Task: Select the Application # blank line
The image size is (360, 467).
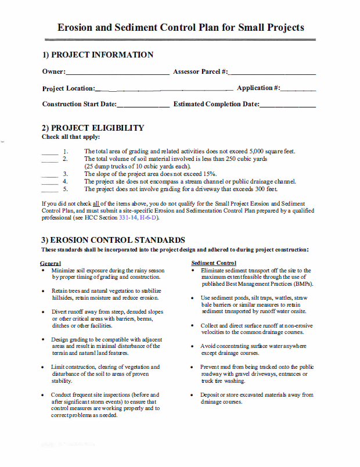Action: (x=298, y=90)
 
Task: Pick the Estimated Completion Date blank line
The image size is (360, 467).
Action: (x=287, y=106)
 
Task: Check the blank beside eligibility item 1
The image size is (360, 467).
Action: (x=50, y=153)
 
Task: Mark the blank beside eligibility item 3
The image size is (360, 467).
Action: (x=50, y=175)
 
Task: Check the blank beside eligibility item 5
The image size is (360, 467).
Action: (x=50, y=191)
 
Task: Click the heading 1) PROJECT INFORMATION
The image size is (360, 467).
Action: (x=98, y=55)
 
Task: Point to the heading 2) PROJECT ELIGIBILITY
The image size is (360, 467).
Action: (x=93, y=128)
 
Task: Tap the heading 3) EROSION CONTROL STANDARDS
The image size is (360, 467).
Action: (x=113, y=240)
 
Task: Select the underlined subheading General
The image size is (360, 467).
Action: (x=52, y=263)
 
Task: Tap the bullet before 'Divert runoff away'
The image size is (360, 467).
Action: (x=44, y=312)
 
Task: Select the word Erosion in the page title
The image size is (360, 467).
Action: (x=79, y=27)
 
